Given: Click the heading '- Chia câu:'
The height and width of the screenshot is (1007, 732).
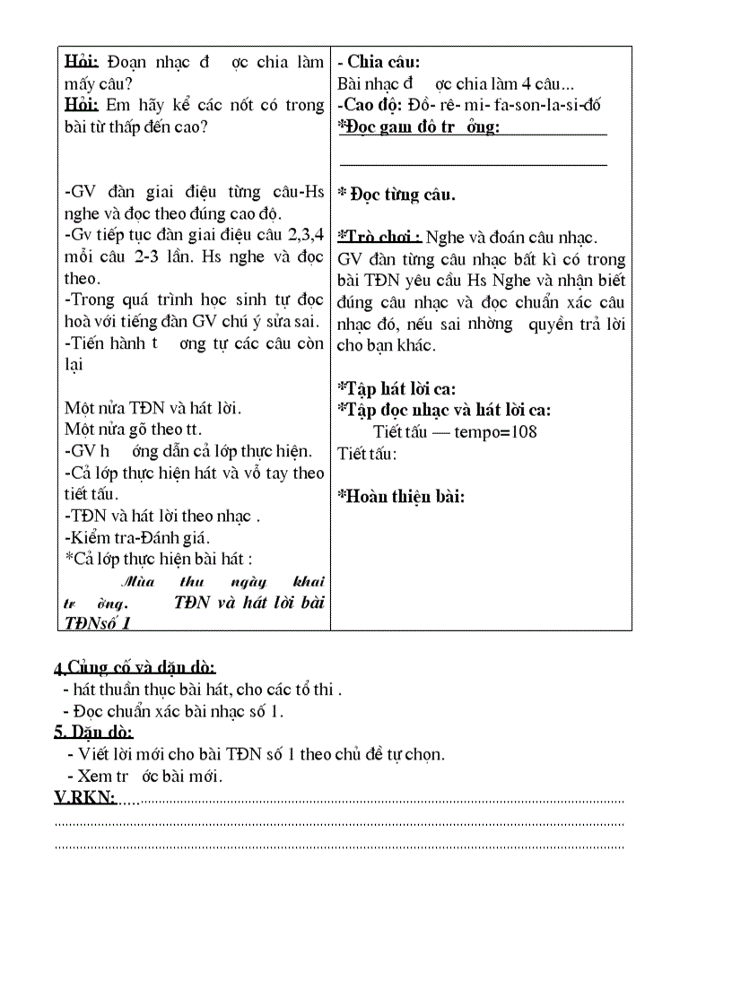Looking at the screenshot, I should point(378,62).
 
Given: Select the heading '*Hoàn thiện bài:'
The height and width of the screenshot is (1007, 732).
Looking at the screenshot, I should point(401,496).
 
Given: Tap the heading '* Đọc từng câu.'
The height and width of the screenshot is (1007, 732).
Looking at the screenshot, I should point(396,195).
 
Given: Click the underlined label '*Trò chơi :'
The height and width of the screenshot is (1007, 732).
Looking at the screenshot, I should point(379,238).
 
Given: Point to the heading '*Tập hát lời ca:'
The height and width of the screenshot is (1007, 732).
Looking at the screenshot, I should point(396,388).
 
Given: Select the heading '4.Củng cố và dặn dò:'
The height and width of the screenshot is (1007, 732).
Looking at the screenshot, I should point(135,668).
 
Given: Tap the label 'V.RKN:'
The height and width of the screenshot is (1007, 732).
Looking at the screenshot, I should point(84,798).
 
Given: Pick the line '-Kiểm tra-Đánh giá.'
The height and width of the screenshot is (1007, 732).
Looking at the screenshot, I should point(137,538).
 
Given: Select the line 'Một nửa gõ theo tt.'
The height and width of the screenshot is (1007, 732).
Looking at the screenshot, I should point(133,430).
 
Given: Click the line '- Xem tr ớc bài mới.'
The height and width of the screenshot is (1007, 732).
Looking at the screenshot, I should point(144,776).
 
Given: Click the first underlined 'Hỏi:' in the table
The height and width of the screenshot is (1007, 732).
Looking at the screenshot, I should point(82,62).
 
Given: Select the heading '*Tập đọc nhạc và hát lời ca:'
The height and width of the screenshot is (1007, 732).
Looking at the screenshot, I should point(444,410).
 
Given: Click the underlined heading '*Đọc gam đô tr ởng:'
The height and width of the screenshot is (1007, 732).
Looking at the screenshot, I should point(418,127).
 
